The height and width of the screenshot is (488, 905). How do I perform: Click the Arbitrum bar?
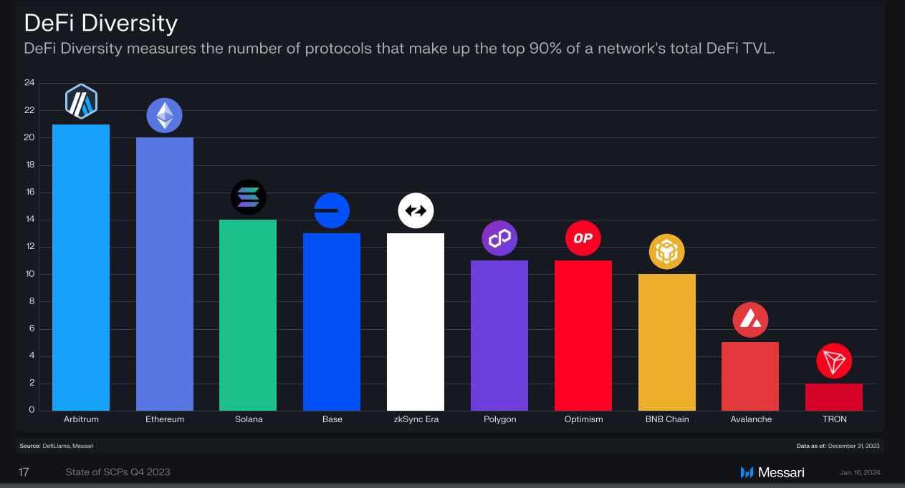tap(81, 268)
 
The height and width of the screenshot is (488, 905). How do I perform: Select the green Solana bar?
tap(248, 315)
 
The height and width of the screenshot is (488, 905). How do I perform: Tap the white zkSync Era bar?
tap(416, 322)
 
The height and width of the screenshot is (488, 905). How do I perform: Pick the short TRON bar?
tap(834, 397)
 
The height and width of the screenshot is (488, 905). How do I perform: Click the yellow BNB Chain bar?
tap(666, 342)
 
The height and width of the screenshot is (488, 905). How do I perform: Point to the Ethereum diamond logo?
tap(165, 115)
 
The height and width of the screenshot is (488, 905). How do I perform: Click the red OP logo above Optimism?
tap(583, 238)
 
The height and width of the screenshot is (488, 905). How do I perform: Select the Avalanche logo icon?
tap(750, 320)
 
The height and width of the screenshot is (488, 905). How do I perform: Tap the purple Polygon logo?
tap(499, 238)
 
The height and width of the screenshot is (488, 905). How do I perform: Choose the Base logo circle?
tap(332, 211)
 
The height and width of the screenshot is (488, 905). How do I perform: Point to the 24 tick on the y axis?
tap(29, 83)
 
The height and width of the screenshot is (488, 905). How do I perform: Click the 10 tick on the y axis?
tap(29, 274)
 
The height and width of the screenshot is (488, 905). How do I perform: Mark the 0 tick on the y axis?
tap(32, 410)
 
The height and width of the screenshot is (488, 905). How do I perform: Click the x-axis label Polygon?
tap(499, 419)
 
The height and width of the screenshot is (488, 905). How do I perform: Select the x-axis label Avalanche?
tap(751, 419)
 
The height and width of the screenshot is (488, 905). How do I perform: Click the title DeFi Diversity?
tap(101, 24)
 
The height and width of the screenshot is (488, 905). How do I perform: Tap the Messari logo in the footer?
tap(772, 472)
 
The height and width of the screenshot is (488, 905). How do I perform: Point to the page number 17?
tap(24, 472)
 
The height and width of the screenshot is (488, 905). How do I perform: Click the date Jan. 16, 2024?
tap(860, 472)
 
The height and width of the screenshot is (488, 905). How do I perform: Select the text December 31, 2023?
tap(854, 446)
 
